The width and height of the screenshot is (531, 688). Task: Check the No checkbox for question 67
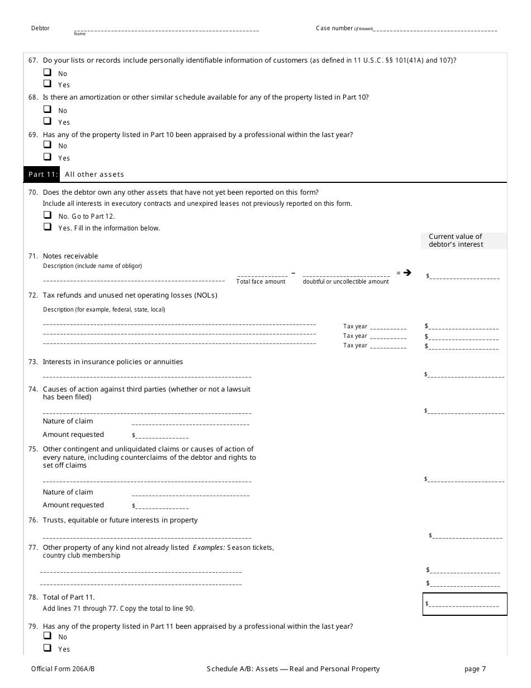pyautogui.click(x=47, y=73)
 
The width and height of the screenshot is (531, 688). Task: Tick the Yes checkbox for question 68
pyautogui.click(x=47, y=121)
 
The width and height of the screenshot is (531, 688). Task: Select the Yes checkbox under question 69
pyautogui.click(x=47, y=157)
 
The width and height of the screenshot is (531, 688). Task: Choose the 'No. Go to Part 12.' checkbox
pyautogui.click(x=47, y=215)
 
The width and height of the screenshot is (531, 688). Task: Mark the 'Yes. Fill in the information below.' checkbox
pyautogui.click(x=47, y=227)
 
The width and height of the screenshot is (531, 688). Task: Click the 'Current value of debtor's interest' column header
pyautogui.click(x=463, y=241)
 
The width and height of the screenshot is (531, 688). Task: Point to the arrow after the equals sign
pyautogui.click(x=407, y=273)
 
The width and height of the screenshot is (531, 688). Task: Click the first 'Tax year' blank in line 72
pyautogui.click(x=388, y=327)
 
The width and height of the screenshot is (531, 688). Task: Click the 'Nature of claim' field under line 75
pyautogui.click(x=190, y=494)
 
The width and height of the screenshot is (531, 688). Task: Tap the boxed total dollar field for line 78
pyautogui.click(x=464, y=604)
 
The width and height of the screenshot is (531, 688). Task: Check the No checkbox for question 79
pyautogui.click(x=47, y=637)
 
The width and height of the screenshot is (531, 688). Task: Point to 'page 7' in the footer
pyautogui.click(x=475, y=669)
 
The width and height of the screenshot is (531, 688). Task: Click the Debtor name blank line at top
pyautogui.click(x=166, y=29)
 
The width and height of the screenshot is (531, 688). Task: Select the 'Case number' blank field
pyautogui.click(x=436, y=29)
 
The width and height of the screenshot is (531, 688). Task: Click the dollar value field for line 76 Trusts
pyautogui.click(x=467, y=536)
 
